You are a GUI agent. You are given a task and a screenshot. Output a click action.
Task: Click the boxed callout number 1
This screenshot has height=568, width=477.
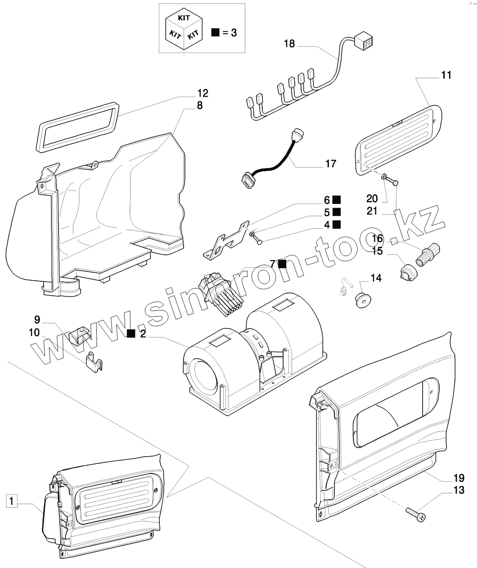[12, 500]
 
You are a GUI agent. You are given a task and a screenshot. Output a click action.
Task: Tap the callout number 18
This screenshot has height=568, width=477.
[289, 44]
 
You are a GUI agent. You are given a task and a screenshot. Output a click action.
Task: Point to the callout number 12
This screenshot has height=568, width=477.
[202, 93]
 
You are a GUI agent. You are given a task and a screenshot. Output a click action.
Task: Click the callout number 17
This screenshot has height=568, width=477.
[330, 164]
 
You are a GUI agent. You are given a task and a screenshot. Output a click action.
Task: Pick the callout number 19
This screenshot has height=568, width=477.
[459, 477]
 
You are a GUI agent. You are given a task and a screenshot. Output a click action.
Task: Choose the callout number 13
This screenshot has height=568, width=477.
[459, 490]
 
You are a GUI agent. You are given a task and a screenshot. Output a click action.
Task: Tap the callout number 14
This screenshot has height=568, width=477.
[376, 279]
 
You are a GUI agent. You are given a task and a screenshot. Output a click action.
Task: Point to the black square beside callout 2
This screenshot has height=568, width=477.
[131, 333]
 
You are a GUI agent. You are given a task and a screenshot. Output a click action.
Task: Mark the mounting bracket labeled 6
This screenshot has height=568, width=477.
[227, 240]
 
